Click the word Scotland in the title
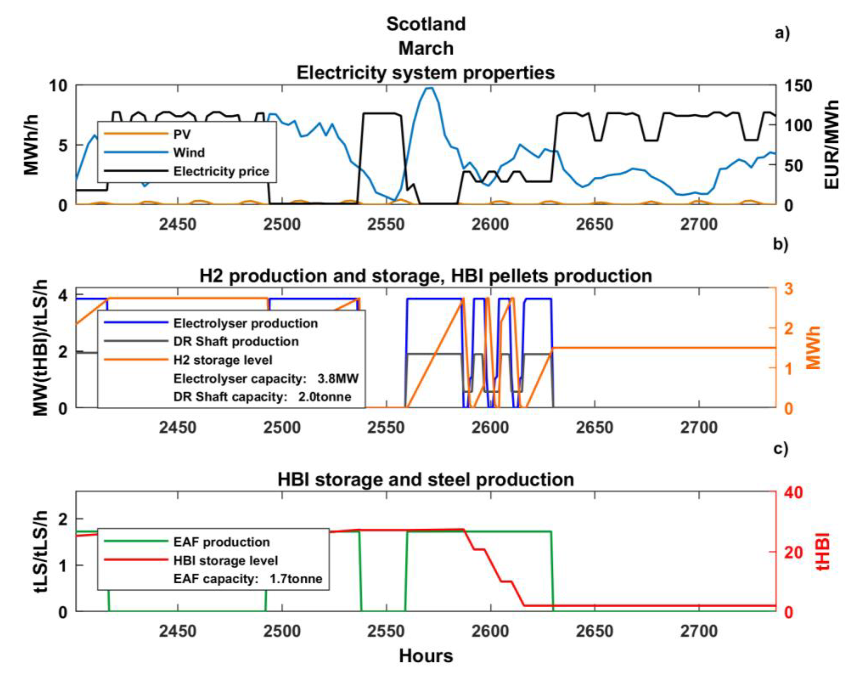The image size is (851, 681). [x=425, y=24]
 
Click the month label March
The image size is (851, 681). [x=425, y=49]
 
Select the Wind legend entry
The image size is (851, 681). [x=189, y=152]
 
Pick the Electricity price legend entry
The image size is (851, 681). [x=221, y=171]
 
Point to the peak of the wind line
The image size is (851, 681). [x=429, y=88]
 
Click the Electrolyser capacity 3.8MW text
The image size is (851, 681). [x=266, y=379]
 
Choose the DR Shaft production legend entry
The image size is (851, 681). [x=236, y=341]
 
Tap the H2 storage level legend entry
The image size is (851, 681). [x=223, y=360]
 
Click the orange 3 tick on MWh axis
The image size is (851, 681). [x=788, y=289]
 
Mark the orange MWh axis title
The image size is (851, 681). [x=813, y=347]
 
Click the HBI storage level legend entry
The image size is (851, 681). [x=225, y=561]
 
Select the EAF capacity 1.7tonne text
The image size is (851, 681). [x=247, y=579]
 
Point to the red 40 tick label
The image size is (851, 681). [x=793, y=492]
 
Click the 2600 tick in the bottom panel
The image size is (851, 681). [x=490, y=631]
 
